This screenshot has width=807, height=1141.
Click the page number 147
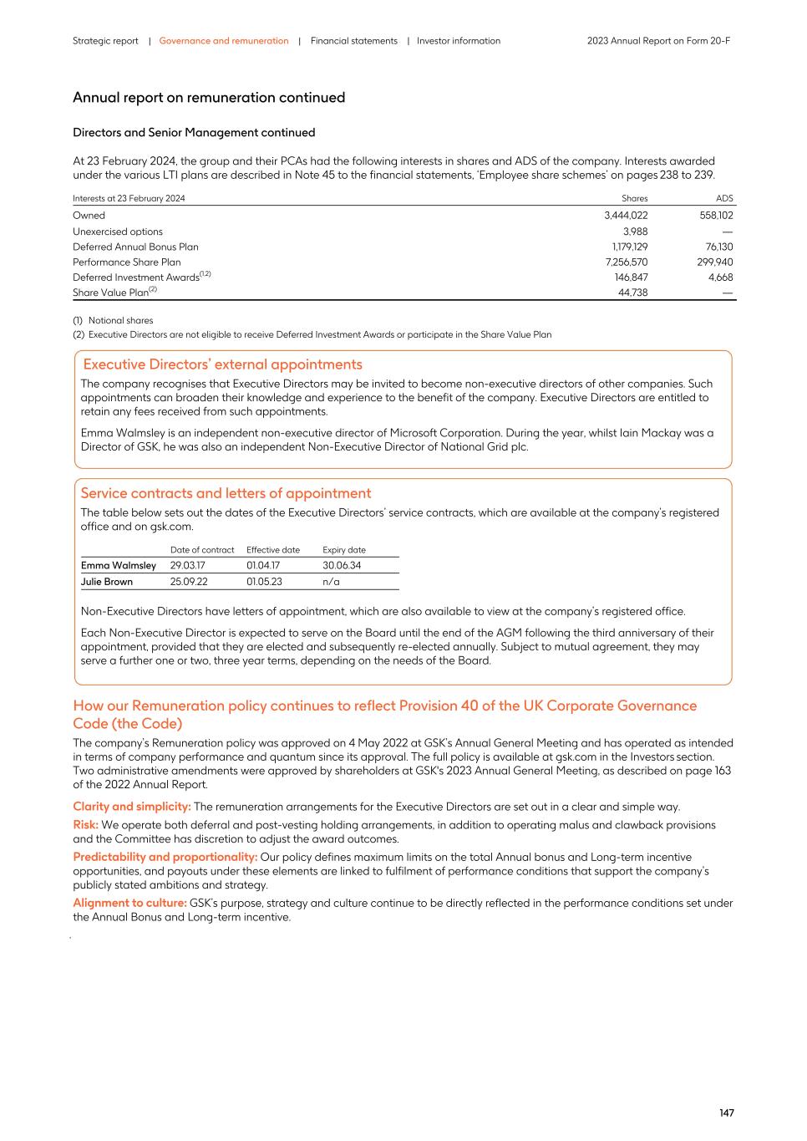(726, 1113)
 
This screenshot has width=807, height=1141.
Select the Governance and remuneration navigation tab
(224, 41)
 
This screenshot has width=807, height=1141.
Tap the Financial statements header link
(353, 41)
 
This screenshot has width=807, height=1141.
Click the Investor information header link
(459, 41)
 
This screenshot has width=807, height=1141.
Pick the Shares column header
(634, 198)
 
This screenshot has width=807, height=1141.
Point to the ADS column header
(724, 198)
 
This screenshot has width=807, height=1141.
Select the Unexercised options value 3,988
(635, 232)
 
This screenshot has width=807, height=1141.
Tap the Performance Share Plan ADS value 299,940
(714, 262)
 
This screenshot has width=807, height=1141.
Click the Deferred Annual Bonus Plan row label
(135, 247)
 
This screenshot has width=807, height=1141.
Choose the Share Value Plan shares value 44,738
(632, 293)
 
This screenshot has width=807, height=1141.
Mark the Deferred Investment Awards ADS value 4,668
(720, 278)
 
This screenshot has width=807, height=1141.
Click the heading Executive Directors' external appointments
(222, 364)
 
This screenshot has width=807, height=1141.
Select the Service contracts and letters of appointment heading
(226, 493)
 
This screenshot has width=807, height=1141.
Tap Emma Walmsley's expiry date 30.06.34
(342, 566)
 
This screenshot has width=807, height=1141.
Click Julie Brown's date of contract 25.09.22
(189, 582)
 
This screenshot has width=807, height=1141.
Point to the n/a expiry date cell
(331, 582)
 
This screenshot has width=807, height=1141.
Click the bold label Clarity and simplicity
(132, 807)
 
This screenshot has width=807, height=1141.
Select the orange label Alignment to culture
(129, 903)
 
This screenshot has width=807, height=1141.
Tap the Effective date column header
(273, 550)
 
